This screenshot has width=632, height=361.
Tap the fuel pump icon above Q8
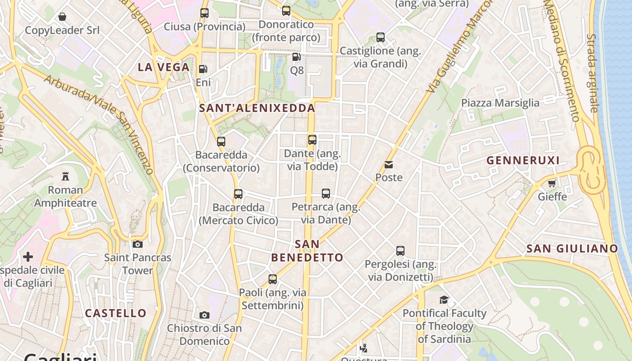point(296,57)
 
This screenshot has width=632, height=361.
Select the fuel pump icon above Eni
point(203,69)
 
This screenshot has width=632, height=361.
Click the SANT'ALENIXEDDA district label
point(257,108)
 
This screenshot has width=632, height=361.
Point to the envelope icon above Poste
point(389,164)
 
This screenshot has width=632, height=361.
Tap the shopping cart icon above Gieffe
point(552,183)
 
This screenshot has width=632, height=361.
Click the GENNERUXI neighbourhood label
point(523,160)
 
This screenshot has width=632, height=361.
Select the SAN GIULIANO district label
point(572,249)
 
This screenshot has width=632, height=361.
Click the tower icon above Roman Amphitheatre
point(65,176)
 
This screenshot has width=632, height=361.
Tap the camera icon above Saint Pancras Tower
point(138,244)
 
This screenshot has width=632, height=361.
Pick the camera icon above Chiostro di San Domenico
point(204,315)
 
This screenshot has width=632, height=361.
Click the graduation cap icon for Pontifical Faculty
point(444,300)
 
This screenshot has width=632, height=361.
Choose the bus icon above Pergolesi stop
point(400,250)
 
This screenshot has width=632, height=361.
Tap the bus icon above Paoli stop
point(273,279)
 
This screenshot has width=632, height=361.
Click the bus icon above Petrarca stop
point(326,194)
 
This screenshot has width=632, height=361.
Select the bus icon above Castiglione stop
point(381,37)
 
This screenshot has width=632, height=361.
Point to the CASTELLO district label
point(116,313)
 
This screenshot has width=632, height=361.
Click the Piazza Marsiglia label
point(500,103)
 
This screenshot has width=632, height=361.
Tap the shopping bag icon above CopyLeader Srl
point(62,17)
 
